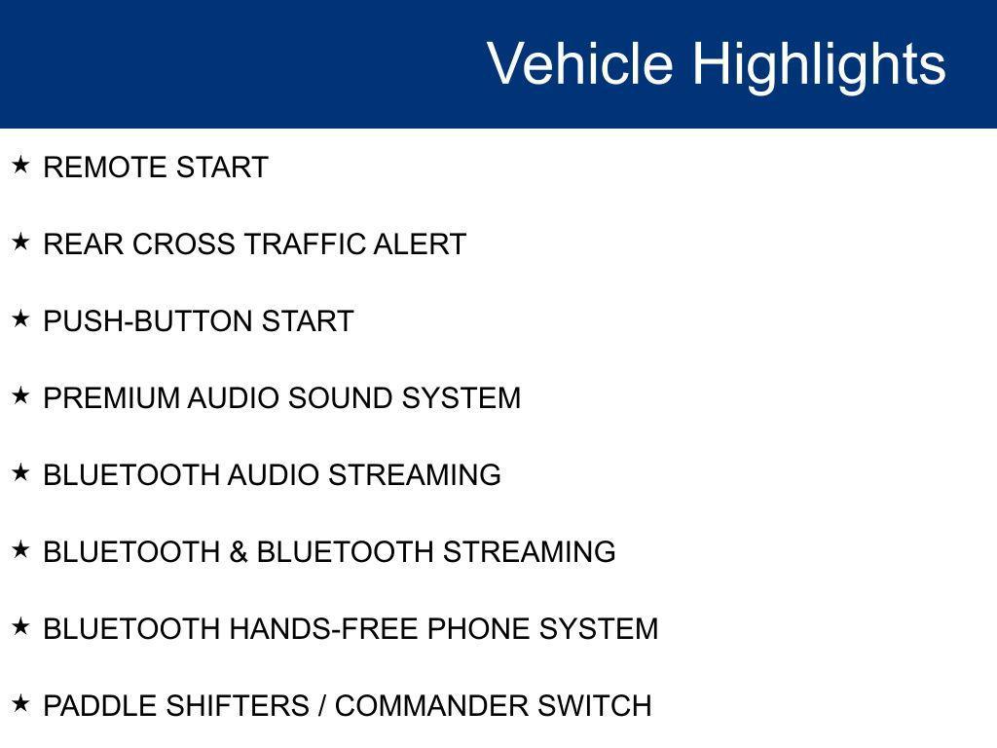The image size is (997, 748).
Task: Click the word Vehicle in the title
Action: coord(580,63)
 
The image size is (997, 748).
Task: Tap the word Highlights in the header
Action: coord(819,66)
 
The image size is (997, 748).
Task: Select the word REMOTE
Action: coord(105,168)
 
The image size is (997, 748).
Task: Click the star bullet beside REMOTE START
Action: coord(20,165)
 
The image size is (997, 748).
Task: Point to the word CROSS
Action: coord(184,244)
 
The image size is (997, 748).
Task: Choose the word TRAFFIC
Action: coord(304,244)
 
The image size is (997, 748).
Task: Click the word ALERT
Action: coord(420,244)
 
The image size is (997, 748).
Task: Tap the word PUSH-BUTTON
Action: coord(148,321)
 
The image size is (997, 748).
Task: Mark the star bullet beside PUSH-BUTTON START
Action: coord(20,318)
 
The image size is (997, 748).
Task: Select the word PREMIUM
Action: coord(112,398)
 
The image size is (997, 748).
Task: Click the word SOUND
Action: coord(340,398)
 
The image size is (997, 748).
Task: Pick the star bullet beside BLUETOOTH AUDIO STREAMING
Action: coord(20,472)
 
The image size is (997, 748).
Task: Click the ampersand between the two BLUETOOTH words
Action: coord(239,552)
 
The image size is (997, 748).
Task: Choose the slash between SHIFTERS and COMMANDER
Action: coord(322,706)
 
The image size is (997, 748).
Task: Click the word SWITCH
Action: coord(595,706)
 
